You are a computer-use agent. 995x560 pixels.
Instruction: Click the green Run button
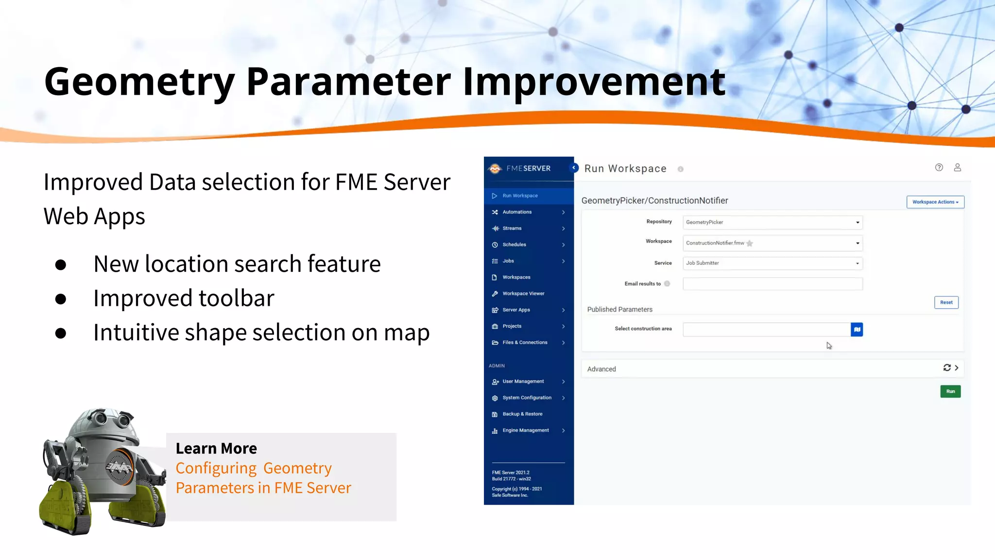[x=950, y=391]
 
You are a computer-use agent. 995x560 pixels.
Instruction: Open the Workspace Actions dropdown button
[x=935, y=202]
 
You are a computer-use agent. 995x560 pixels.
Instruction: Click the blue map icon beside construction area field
[x=857, y=330]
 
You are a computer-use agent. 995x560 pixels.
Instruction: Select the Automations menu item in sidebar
[x=517, y=212]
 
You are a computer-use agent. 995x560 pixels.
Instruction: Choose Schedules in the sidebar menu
[x=514, y=245]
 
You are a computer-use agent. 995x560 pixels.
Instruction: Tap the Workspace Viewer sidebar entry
[x=523, y=294]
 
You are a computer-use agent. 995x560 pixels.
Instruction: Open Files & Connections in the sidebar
[x=525, y=343]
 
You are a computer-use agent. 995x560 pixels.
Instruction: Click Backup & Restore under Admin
[x=522, y=414]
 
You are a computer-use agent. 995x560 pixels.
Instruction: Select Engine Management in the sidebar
[x=525, y=431]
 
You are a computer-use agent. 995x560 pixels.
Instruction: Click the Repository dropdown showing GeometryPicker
[x=772, y=223]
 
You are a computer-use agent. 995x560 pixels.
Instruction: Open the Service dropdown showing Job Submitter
[x=772, y=263]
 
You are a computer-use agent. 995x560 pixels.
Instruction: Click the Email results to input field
[x=772, y=284]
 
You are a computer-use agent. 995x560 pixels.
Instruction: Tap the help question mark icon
[x=939, y=168]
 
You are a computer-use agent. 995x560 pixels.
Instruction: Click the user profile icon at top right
[x=957, y=168]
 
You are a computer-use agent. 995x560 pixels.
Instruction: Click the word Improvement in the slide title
[x=594, y=82]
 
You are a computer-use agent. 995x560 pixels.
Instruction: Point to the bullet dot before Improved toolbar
[x=61, y=298]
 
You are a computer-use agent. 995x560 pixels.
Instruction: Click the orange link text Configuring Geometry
[x=253, y=468]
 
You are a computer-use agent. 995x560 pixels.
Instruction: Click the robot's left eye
[x=101, y=418]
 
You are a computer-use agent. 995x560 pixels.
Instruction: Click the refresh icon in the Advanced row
[x=946, y=368]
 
